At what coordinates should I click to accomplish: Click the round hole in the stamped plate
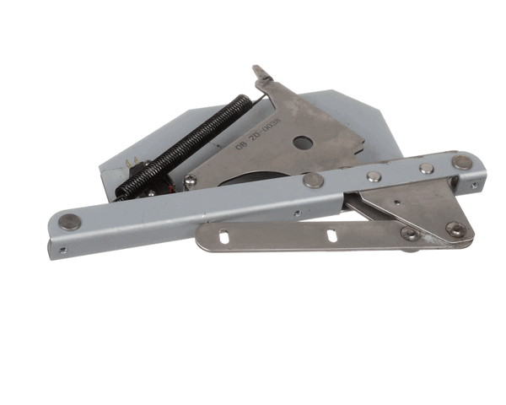pyautogui.click(x=300, y=143)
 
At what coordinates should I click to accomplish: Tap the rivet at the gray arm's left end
pyautogui.click(x=68, y=222)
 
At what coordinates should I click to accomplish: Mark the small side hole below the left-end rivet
pyautogui.click(x=61, y=248)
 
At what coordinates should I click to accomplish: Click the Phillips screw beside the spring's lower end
pyautogui.click(x=191, y=180)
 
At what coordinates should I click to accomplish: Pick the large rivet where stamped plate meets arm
pyautogui.click(x=313, y=179)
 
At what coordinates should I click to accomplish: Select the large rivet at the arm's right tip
pyautogui.click(x=461, y=162)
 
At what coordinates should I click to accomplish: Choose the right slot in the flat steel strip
pyautogui.click(x=331, y=235)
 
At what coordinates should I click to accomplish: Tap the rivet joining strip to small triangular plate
pyautogui.click(x=411, y=234)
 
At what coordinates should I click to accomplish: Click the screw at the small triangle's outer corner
pyautogui.click(x=455, y=228)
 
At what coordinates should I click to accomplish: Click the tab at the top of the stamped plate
pyautogui.click(x=261, y=74)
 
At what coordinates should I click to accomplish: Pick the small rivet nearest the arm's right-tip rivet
pyautogui.click(x=427, y=168)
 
